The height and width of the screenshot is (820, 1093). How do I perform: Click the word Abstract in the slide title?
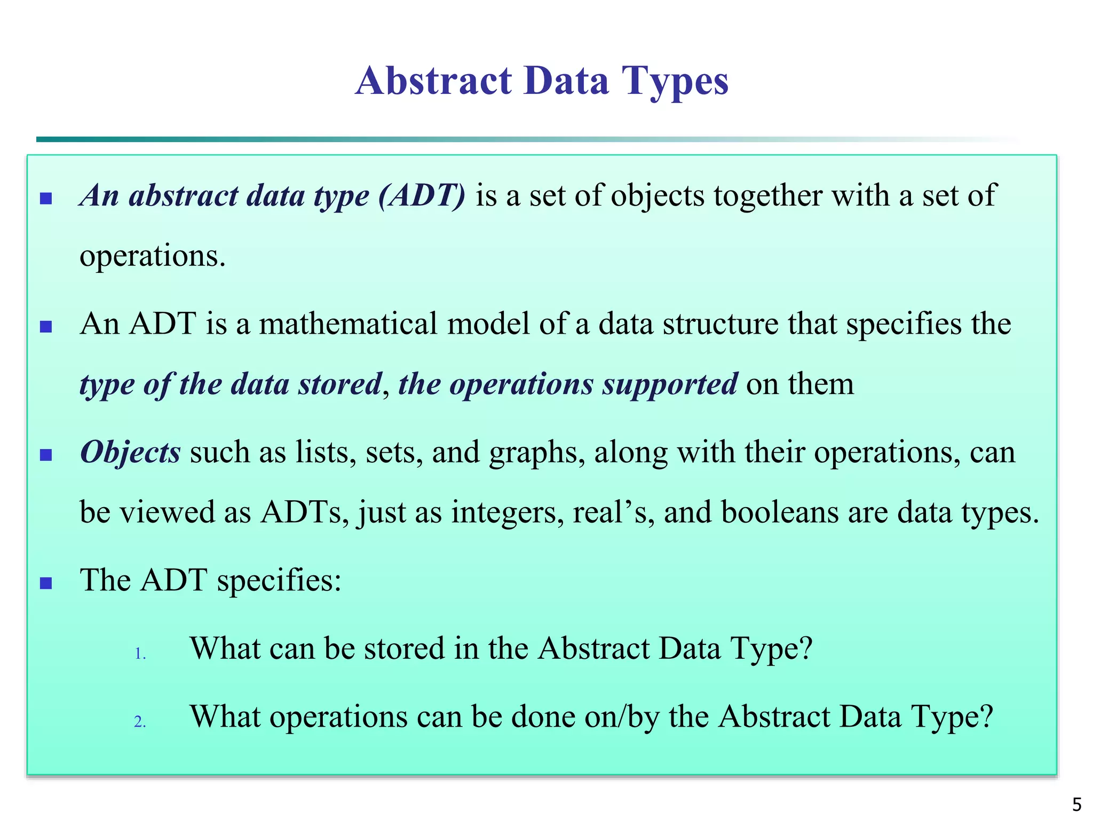[x=433, y=81]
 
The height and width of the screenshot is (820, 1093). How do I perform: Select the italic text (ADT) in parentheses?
[x=422, y=195]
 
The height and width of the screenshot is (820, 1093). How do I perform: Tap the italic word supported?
[x=670, y=384]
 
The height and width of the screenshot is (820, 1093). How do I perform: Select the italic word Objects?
[x=130, y=452]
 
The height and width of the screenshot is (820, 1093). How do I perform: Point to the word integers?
[x=507, y=512]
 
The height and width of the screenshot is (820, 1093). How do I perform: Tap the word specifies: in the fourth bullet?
[x=279, y=580]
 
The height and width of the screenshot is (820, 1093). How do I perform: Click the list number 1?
[x=140, y=654]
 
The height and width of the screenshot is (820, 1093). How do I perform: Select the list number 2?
[x=140, y=722]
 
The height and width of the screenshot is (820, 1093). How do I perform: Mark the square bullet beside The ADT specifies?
[x=46, y=583]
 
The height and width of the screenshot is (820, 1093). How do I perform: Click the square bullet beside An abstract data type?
[x=46, y=199]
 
